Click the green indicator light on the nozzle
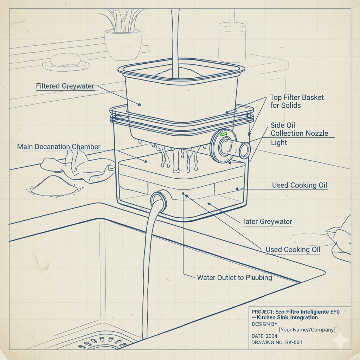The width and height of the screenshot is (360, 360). [224, 134]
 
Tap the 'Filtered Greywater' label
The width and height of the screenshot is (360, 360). [65, 86]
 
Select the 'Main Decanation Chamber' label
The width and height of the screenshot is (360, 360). [59, 147]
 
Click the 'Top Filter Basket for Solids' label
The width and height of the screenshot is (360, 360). [297, 101]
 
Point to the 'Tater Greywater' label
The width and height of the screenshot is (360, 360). [267, 221]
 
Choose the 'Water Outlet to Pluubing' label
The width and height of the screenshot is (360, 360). [234, 278]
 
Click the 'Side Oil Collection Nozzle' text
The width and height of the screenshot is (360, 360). [299, 129]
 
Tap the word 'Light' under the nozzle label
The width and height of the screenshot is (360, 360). [279, 143]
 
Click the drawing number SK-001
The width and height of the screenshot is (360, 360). [294, 342]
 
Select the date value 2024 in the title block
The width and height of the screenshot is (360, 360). [271, 336]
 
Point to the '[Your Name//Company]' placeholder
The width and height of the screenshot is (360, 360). [307, 330]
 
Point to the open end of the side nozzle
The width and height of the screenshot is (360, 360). [245, 150]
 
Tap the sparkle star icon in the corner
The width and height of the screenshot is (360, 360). [341, 340]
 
